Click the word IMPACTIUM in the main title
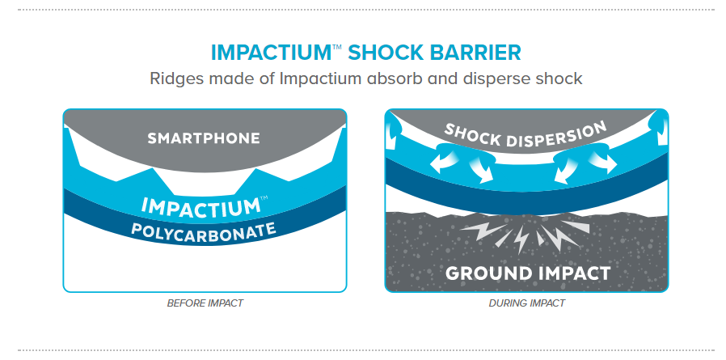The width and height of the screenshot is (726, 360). (x=272, y=53)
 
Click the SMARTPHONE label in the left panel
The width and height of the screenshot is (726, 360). (x=204, y=138)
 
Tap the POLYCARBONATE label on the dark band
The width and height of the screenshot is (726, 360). (x=204, y=231)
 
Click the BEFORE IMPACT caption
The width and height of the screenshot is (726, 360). (x=205, y=303)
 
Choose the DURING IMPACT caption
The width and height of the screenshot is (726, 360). (x=527, y=303)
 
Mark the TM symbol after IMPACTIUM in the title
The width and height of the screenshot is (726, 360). (x=338, y=47)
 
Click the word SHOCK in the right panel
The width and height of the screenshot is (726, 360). (x=471, y=134)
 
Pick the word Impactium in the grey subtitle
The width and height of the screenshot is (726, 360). (x=320, y=78)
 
